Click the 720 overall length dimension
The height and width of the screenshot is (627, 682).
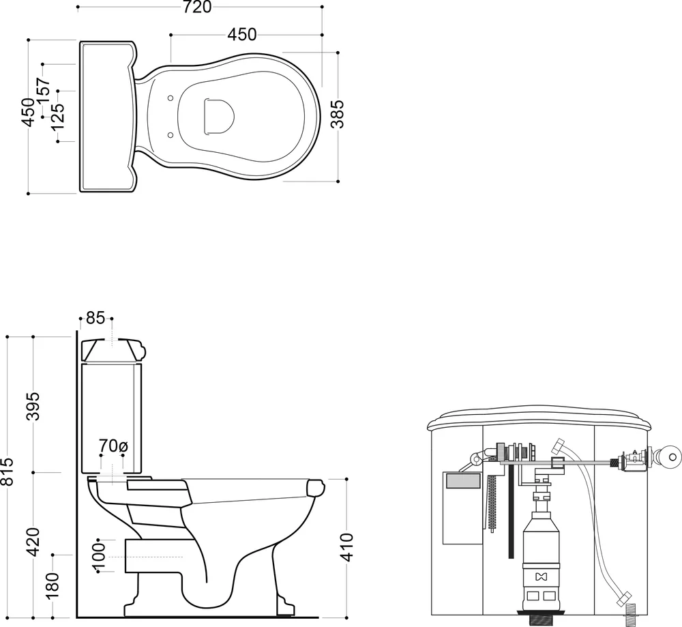coord(196,7)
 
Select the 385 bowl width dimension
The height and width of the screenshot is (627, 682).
coord(337,115)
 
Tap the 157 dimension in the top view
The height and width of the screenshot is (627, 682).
coord(44,91)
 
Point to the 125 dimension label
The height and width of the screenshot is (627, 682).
coord(57,116)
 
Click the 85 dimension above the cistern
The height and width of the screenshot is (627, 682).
coord(95,318)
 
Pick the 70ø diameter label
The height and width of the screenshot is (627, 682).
coord(113,446)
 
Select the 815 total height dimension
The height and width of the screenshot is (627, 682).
coord(8,471)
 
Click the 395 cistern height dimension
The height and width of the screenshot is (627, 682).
coord(33,407)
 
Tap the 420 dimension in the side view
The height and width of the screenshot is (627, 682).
coord(33,541)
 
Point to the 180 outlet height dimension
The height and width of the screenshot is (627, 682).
coord(53,587)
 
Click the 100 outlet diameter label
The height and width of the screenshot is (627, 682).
coord(99,555)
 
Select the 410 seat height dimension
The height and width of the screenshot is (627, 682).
coord(346,547)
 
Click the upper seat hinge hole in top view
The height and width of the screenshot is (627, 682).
coord(170,98)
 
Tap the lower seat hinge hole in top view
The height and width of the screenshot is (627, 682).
coord(170,135)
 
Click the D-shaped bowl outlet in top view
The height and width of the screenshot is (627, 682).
coord(219,115)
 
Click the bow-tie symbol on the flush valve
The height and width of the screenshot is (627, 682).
coord(541,577)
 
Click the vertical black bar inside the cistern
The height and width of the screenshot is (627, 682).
coord(511,514)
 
